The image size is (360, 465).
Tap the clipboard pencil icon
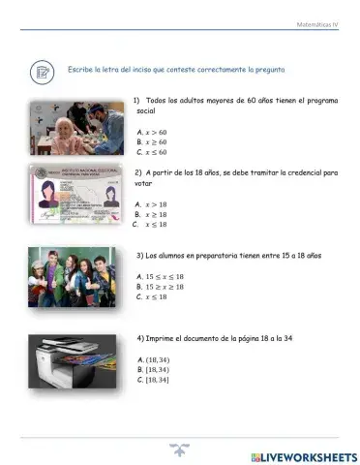click(43, 70)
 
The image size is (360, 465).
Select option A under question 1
click(153, 131)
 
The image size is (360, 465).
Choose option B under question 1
click(153, 141)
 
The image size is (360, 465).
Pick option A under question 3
click(161, 276)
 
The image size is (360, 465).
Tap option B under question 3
click(161, 287)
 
